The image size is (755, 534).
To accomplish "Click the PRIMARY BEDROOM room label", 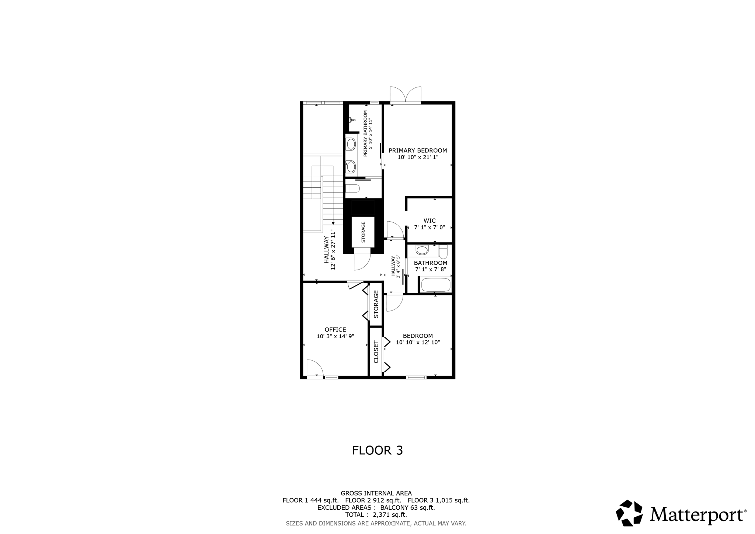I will coord(418,150).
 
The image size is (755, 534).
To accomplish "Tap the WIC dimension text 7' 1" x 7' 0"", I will coord(429,228).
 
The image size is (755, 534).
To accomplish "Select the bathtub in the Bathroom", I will coord(435,285).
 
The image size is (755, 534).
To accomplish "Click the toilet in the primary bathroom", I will coord(353,188).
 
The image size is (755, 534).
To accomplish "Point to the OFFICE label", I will coord(335,330).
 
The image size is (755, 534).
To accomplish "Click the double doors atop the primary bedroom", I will coord(406,95).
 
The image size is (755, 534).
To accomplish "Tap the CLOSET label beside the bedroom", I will coord(376,352).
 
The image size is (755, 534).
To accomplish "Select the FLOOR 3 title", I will coord(377,450).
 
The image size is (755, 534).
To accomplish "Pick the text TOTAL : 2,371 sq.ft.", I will coord(376,515).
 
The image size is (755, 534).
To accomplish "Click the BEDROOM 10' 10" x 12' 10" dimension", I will coord(418,342).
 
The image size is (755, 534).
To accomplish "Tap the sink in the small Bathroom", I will coord(422,250).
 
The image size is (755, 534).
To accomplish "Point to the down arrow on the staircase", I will coord(333,223).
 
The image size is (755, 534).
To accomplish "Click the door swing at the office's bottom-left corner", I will coord(314,368).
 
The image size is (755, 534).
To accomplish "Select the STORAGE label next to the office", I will coord(376,304).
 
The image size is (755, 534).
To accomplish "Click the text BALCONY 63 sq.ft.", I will coord(407,507).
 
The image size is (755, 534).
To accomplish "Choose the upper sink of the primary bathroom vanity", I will coord(351,144).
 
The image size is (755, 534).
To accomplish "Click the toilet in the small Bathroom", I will coord(443,252).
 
